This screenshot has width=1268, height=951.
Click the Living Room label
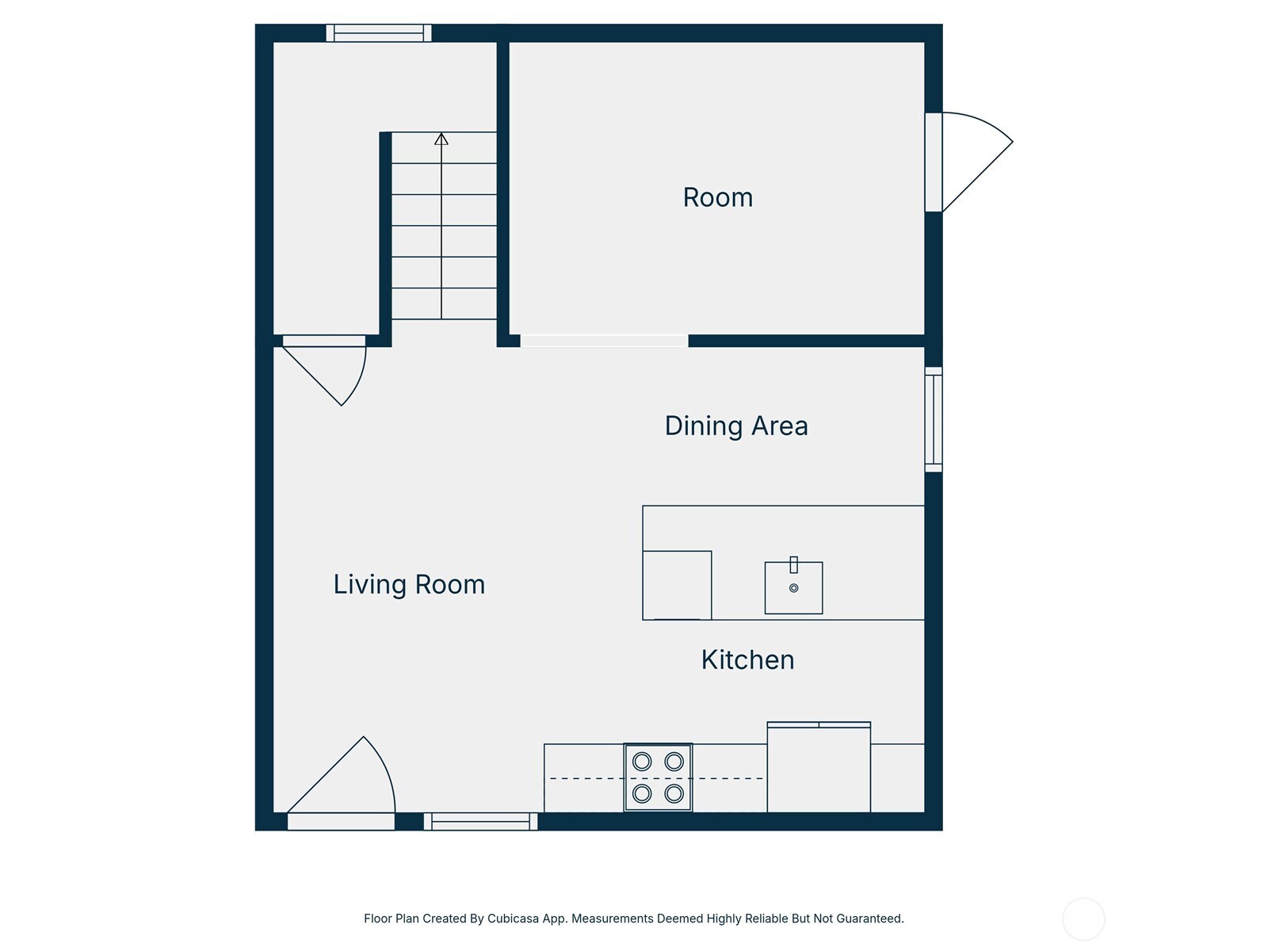(409, 585)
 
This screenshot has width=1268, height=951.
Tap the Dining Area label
(736, 426)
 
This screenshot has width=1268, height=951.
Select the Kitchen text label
(747, 660)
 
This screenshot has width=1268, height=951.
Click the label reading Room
(717, 197)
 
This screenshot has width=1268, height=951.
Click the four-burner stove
(658, 777)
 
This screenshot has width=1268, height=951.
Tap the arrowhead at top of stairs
(441, 139)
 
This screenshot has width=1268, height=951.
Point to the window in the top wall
(379, 33)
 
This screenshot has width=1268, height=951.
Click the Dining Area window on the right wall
(934, 419)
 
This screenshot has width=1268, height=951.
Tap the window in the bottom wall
(480, 822)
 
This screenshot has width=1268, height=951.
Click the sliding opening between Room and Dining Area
(604, 341)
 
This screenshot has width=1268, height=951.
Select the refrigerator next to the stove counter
(819, 768)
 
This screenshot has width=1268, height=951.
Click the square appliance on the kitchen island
(677, 585)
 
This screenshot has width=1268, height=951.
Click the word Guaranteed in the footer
(868, 919)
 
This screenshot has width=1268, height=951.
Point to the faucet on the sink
(793, 565)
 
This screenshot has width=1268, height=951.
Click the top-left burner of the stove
(642, 762)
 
